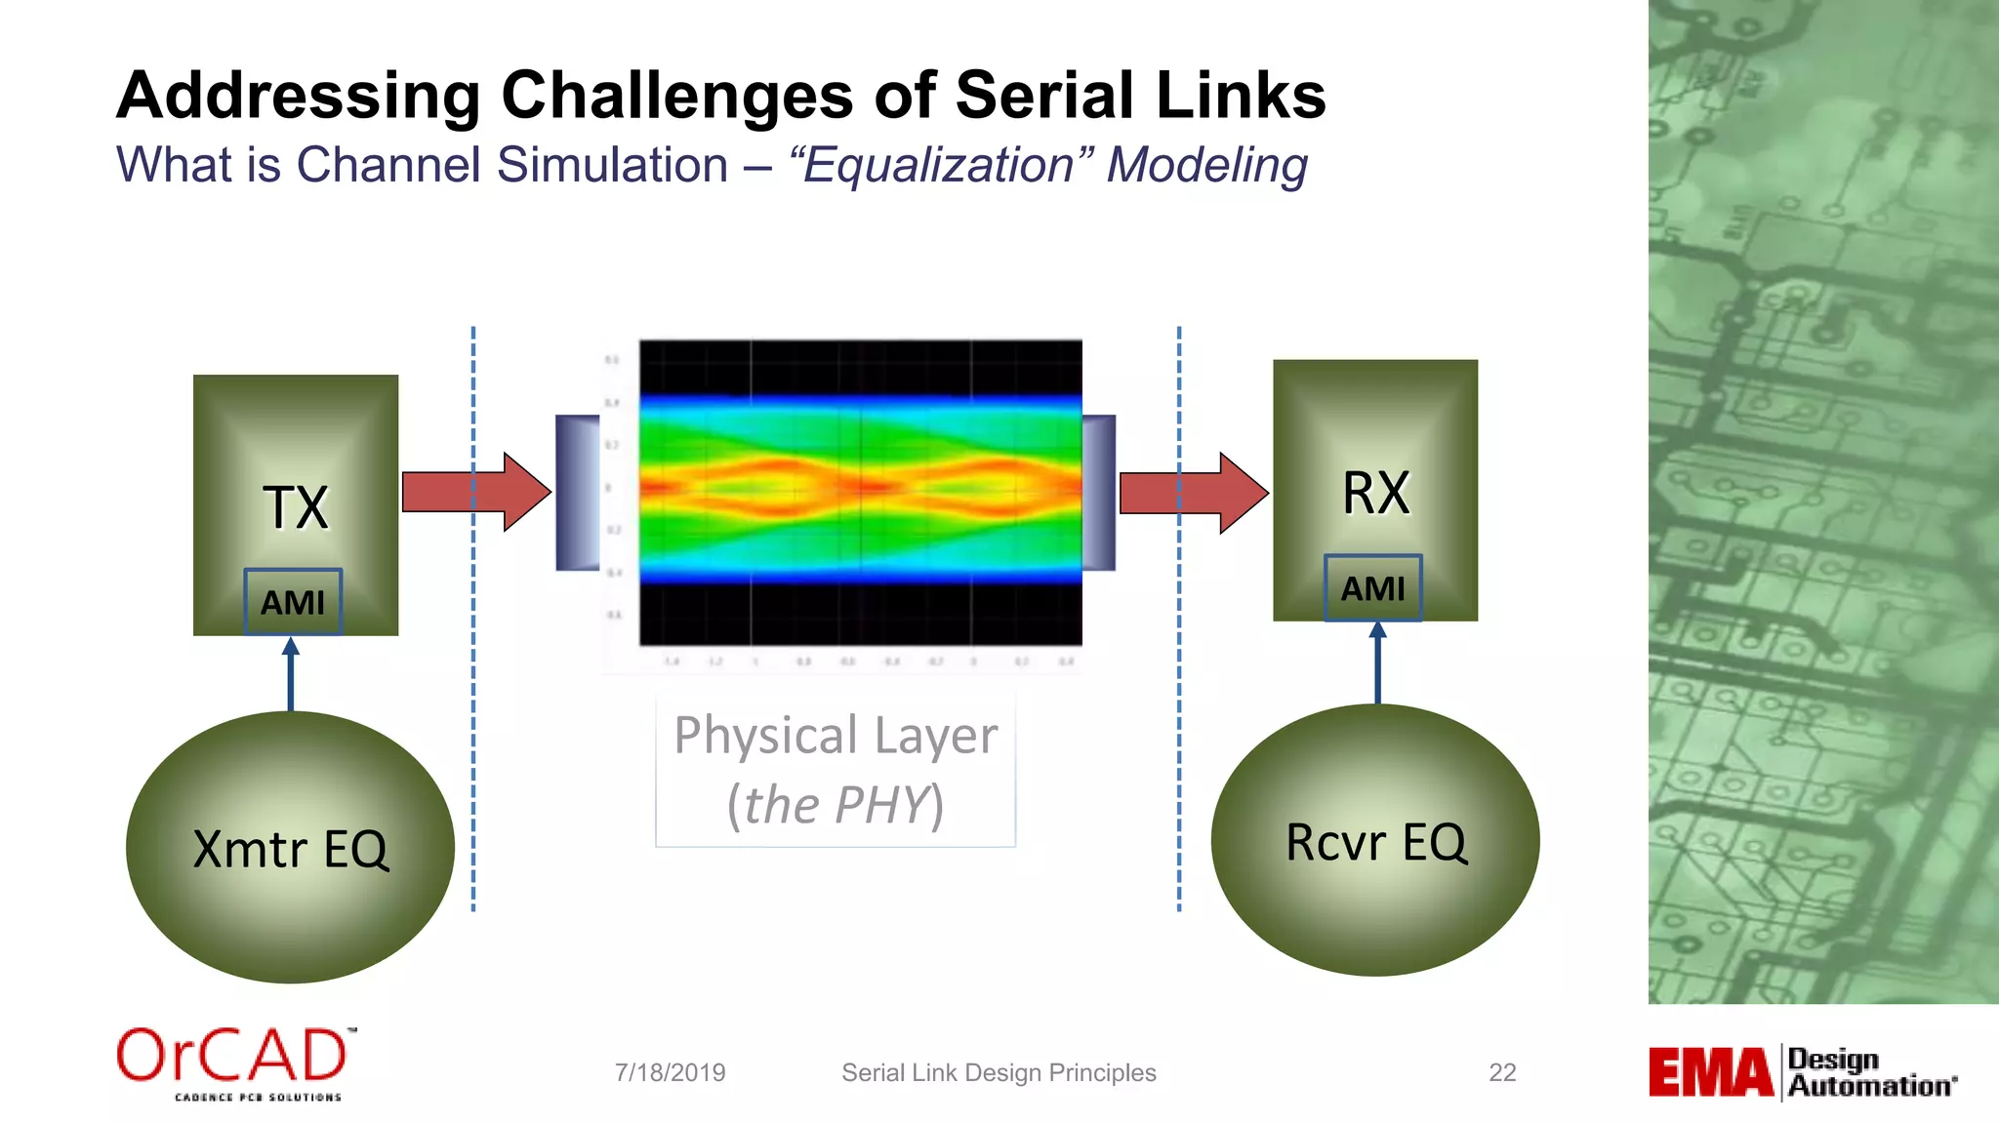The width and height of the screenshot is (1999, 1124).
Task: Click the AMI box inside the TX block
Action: point(293,602)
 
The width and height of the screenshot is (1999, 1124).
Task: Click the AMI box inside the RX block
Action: point(1372,588)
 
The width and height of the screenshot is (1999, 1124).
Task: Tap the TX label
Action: point(296,507)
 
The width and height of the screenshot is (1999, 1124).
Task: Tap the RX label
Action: point(1375,493)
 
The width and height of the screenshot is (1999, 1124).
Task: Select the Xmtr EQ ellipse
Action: point(290,847)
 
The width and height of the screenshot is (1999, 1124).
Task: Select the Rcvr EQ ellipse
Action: point(1375,840)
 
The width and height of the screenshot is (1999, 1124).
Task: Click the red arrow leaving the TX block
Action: point(475,492)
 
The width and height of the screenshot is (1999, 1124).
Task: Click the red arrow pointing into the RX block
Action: point(1193,493)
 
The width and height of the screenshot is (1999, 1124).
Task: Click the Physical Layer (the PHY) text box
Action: point(836,770)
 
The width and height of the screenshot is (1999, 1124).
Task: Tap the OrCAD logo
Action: point(234,1063)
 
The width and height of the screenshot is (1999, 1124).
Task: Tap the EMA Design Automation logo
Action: point(1802,1072)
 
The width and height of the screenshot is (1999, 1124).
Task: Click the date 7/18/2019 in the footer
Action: point(670,1072)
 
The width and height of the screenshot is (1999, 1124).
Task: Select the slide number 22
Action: point(1501,1072)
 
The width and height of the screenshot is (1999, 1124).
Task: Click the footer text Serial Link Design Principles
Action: point(999,1072)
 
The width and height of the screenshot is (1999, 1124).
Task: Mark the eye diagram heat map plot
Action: point(860,492)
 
